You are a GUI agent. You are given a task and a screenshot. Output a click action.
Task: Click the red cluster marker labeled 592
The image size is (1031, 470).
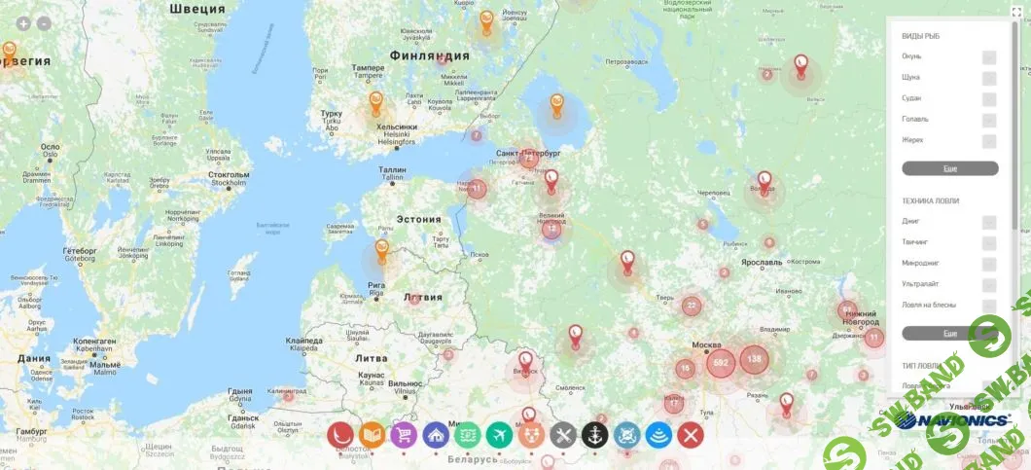(x=721, y=363)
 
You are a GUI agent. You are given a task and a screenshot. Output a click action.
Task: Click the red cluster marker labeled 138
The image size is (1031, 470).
(x=755, y=359)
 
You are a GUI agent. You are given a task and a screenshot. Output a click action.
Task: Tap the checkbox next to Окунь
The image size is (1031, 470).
(x=989, y=56)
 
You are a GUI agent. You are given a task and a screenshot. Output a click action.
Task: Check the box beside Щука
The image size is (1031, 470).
(x=989, y=78)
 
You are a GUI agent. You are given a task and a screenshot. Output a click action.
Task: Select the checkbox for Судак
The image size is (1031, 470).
(x=989, y=99)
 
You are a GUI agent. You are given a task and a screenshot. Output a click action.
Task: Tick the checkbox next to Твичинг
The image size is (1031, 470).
(x=989, y=242)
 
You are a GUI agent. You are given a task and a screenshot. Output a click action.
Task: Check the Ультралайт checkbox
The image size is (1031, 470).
(x=989, y=284)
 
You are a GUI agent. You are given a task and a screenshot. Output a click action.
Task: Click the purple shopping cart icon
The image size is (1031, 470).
(x=404, y=434)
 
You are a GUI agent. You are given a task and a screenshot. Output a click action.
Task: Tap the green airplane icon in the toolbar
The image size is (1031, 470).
(x=499, y=434)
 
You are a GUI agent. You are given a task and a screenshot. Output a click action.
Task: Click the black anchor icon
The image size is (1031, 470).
(x=594, y=434)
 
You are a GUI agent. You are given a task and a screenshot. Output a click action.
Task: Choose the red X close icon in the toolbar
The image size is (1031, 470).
(x=690, y=434)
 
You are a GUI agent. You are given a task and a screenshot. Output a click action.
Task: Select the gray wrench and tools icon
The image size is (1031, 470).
(x=562, y=434)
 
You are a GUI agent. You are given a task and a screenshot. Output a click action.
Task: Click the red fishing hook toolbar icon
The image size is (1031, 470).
(x=339, y=434)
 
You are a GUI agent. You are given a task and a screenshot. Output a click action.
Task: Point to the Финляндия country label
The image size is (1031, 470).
(x=429, y=55)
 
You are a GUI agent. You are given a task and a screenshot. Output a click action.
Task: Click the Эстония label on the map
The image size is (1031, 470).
(x=418, y=219)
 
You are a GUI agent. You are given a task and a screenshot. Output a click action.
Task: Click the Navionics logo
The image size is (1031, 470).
(x=953, y=420)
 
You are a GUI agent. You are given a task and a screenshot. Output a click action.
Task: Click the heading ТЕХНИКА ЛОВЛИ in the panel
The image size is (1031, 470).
(x=930, y=200)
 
